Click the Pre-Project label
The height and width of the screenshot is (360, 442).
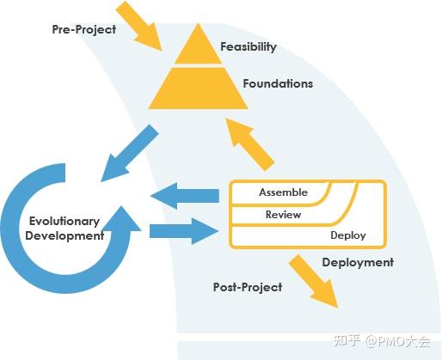click(x=84, y=29)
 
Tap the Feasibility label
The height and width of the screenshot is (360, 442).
click(x=249, y=46)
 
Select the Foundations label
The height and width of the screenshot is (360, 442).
click(x=278, y=83)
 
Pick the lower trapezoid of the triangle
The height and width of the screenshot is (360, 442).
click(x=198, y=88)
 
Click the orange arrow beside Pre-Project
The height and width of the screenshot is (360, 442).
click(x=139, y=27)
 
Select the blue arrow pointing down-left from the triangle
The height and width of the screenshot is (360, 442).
click(x=130, y=153)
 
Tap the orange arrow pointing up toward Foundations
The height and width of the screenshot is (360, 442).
click(x=250, y=144)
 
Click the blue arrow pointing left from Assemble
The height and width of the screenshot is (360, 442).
click(x=185, y=196)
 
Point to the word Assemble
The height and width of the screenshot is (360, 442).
click(x=283, y=192)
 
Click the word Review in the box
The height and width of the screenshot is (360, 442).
click(x=283, y=215)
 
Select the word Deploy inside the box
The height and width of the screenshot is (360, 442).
click(x=348, y=235)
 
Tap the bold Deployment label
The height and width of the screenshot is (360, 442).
click(x=358, y=263)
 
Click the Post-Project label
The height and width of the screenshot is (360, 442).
click(x=248, y=287)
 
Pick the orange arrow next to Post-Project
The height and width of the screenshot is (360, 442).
click(x=315, y=281)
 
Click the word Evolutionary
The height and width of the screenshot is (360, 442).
click(x=64, y=222)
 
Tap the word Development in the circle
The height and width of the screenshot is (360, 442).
click(x=64, y=235)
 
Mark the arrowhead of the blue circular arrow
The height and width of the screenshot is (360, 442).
click(x=121, y=218)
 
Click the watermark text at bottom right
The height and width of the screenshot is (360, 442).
click(x=382, y=340)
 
